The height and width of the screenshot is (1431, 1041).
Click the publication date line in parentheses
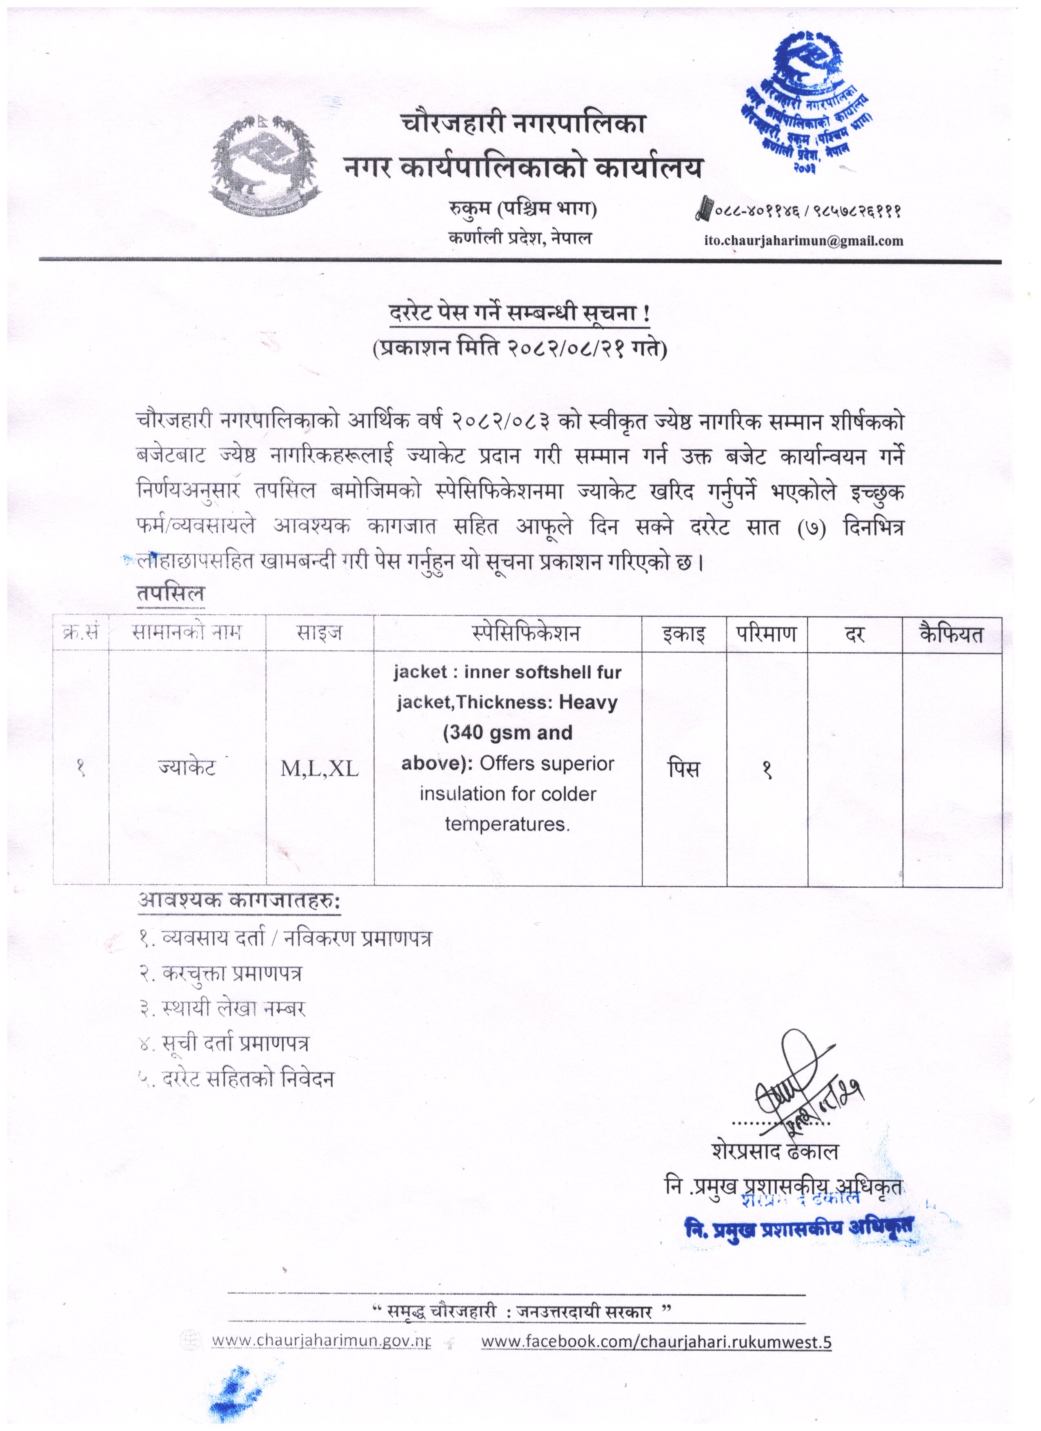520,349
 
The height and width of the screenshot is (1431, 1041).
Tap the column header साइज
319,633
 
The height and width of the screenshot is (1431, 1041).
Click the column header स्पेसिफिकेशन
507,633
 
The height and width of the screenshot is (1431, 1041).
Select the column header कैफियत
951,633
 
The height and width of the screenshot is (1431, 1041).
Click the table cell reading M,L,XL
319,769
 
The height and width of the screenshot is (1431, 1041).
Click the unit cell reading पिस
684,769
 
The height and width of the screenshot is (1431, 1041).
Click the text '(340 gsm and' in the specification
507,733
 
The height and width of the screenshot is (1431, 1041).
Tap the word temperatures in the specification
507,824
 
